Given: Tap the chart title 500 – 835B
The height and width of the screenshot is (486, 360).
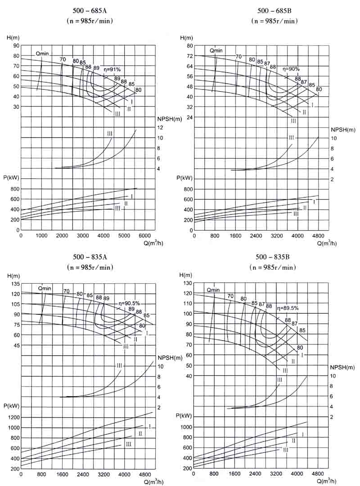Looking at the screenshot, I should pos(272,257).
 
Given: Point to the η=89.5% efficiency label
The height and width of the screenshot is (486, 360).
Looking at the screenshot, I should pos(288,308).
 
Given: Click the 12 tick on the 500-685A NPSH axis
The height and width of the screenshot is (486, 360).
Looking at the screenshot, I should pos(160,128).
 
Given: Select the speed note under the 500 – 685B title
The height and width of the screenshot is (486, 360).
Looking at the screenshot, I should pos(274,21).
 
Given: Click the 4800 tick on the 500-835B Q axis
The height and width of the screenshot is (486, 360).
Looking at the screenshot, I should pos(317,474).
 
